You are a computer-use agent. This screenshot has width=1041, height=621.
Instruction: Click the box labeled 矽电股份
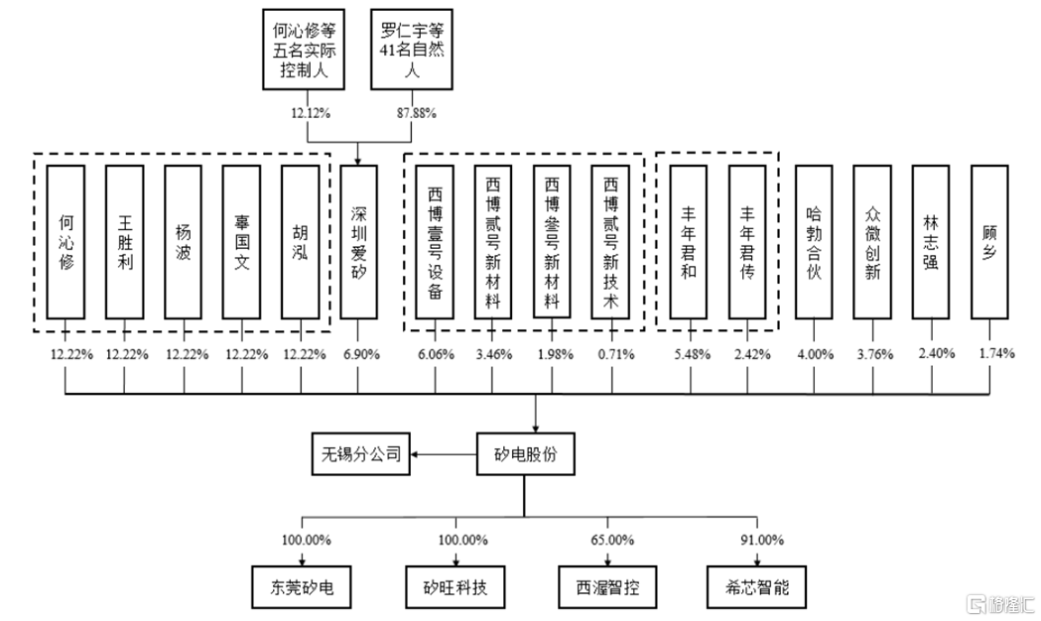point(536,455)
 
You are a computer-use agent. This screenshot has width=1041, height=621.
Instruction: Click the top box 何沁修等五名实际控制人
point(300,47)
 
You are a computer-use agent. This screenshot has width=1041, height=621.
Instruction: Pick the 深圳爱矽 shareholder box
point(359,240)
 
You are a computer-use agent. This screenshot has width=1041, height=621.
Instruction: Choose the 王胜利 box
point(124,240)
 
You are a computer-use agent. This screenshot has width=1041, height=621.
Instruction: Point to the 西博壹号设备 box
point(435,240)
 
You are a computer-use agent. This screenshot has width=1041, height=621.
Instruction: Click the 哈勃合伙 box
point(814,240)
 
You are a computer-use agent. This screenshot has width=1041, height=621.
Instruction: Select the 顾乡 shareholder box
point(989,240)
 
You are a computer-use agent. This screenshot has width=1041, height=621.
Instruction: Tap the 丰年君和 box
point(690,240)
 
